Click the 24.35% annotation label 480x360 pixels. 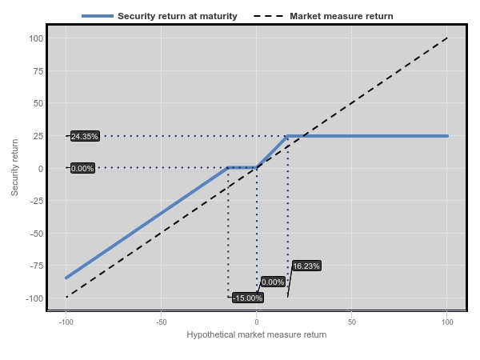tap(85, 137)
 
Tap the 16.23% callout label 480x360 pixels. tap(306, 266)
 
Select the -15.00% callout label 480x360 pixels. tap(248, 298)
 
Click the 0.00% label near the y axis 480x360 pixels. tap(83, 169)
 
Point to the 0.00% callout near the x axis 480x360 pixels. tap(273, 282)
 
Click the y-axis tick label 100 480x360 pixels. tap(36, 38)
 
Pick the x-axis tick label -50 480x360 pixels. tap(161, 322)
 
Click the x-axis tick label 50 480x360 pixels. tap(352, 322)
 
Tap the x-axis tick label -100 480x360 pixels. tap(66, 322)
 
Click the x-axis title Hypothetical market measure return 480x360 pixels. tap(256, 334)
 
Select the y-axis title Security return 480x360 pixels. tap(15, 168)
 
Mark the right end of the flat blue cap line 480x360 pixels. tap(447, 136)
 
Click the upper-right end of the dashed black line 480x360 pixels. tap(447, 38)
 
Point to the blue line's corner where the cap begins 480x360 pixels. tap(287, 136)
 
